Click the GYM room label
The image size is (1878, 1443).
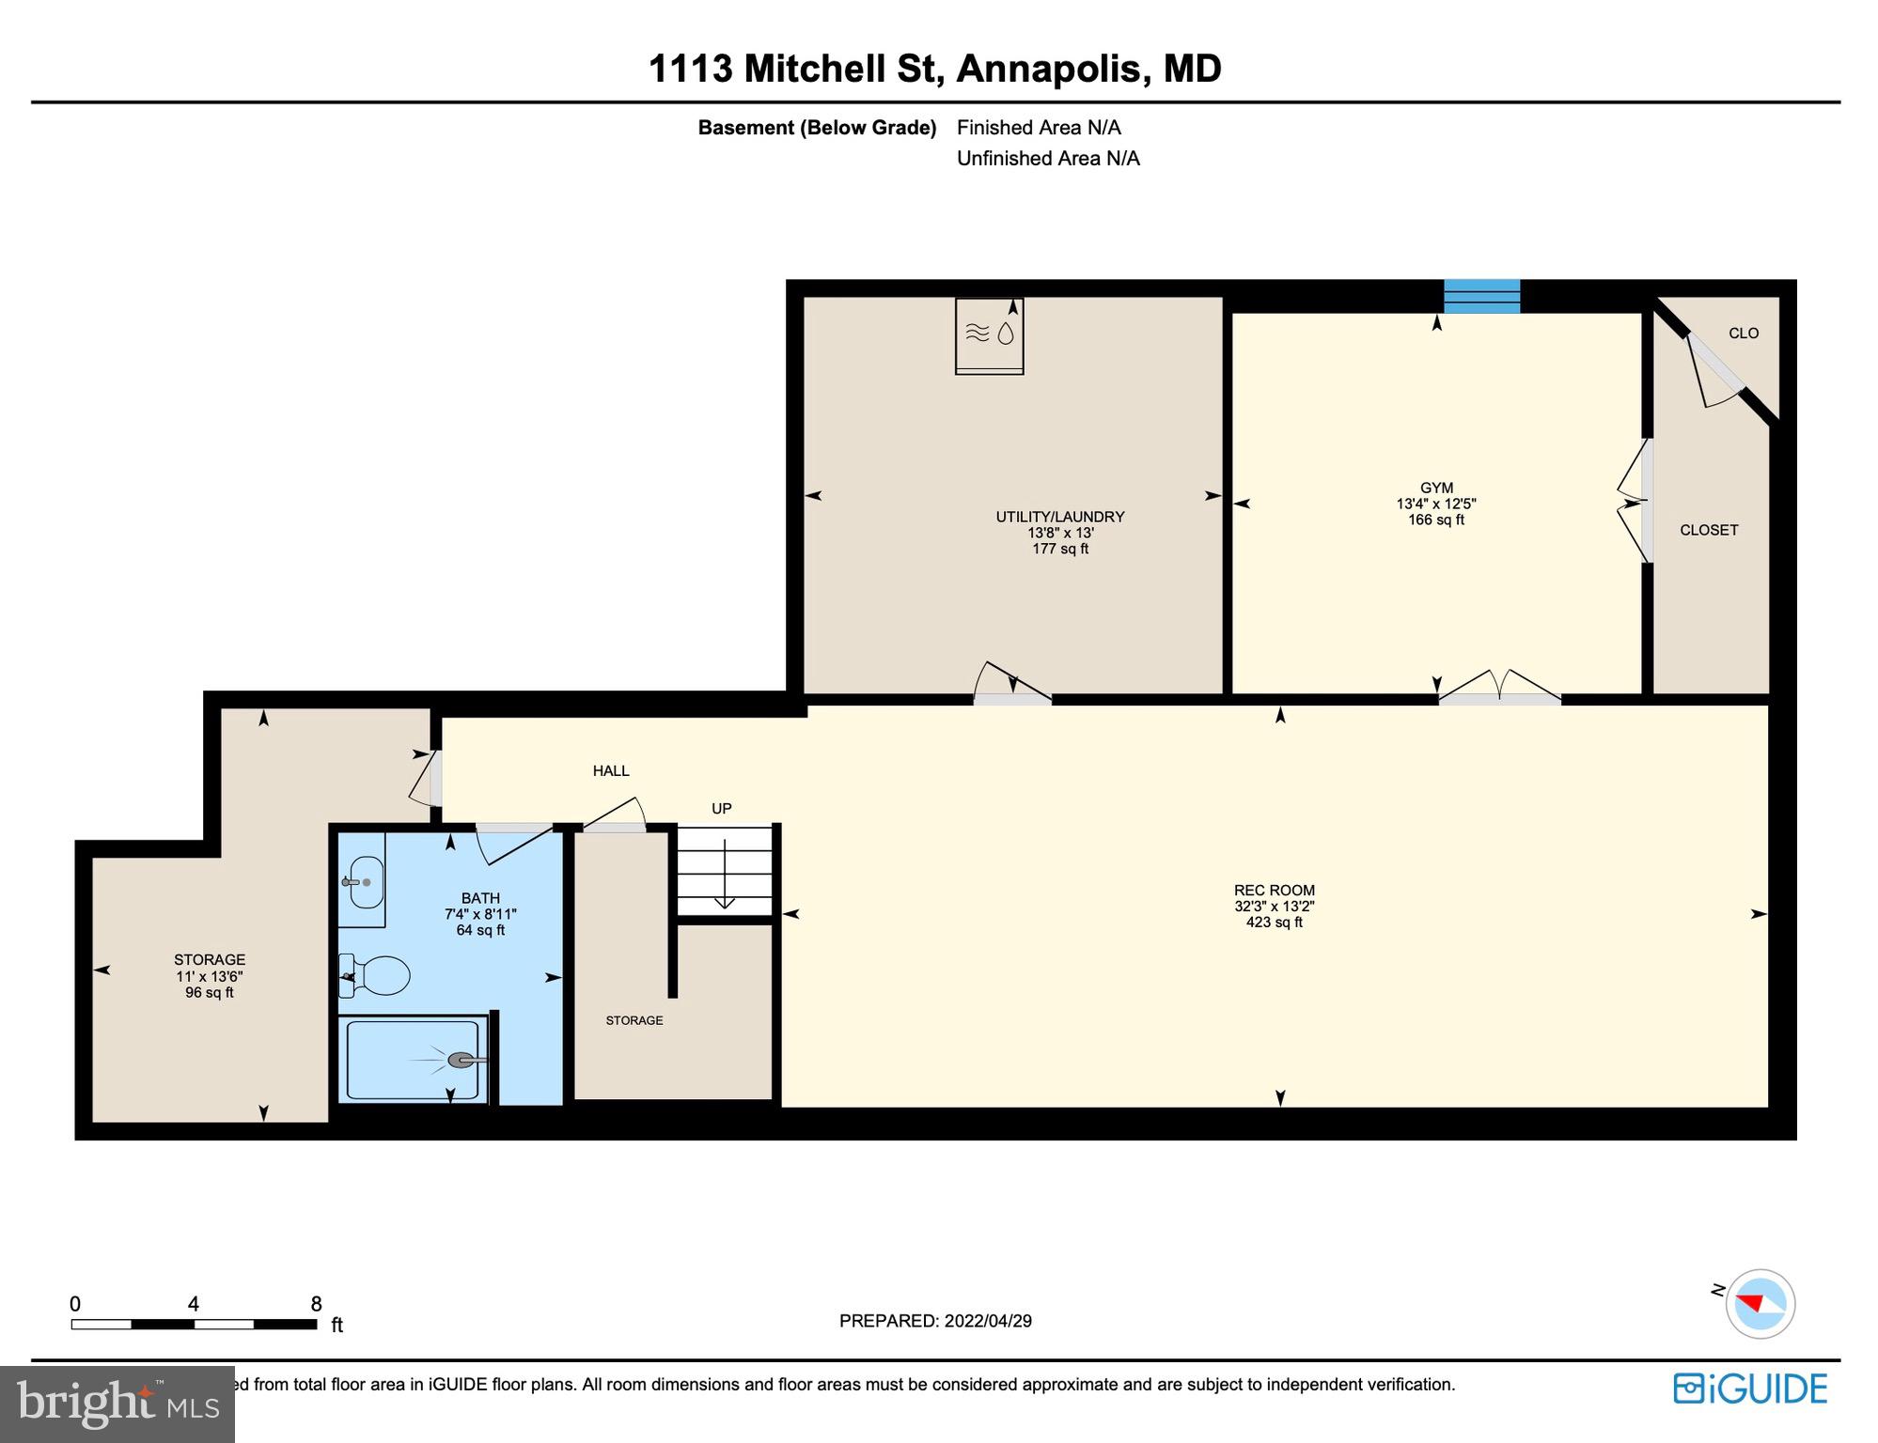(1435, 489)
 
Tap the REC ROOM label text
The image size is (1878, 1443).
(1274, 891)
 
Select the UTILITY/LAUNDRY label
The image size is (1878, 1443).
(1059, 517)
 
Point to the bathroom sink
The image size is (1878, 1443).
(365, 882)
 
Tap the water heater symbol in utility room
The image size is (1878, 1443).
(989, 334)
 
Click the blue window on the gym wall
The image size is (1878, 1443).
(1481, 296)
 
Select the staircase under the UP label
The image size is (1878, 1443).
(725, 870)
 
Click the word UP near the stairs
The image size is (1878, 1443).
(721, 809)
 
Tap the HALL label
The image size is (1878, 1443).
(610, 771)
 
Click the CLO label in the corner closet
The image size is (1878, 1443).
(1743, 334)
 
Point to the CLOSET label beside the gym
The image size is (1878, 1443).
(1708, 531)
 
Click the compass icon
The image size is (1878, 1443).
(1760, 1304)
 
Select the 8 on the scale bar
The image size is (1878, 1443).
(316, 1304)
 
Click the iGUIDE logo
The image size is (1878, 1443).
(1750, 1389)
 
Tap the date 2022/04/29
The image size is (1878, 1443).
(987, 1321)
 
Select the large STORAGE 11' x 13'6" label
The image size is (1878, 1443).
(209, 960)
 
